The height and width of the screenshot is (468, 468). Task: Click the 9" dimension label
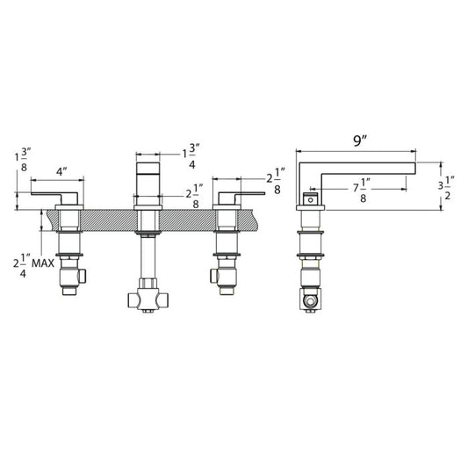[360, 140]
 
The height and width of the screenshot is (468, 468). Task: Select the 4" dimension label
[61, 171]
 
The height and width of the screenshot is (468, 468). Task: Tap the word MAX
[43, 263]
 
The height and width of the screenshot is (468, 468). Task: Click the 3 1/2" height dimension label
[446, 188]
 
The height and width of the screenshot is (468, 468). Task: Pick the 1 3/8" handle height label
[23, 160]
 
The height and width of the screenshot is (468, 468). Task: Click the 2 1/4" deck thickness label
[22, 265]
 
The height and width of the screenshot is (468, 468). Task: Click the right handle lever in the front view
[241, 197]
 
